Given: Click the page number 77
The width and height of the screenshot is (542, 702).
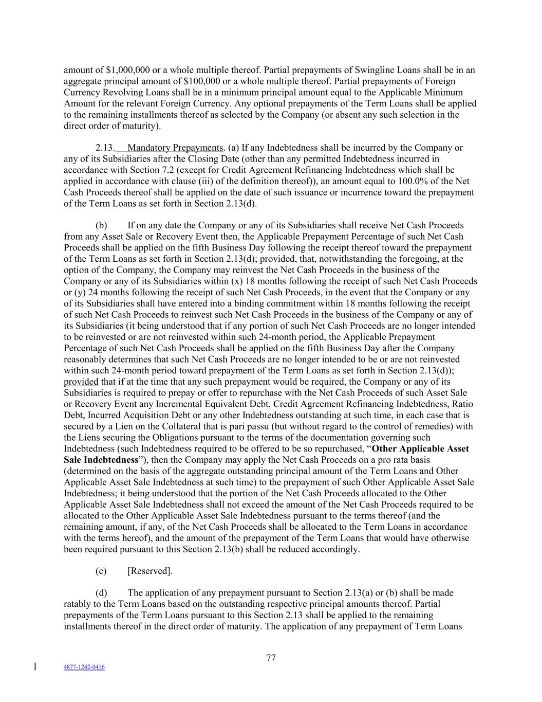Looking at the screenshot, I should tap(271, 658).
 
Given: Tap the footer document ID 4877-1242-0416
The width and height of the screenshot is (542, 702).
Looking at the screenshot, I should tap(84, 667).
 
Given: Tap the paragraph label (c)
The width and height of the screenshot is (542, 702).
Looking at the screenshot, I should tap(101, 571).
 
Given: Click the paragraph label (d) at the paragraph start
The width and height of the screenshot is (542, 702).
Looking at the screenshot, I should tap(101, 593).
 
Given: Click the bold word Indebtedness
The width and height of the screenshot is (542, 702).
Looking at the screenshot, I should tap(111, 460).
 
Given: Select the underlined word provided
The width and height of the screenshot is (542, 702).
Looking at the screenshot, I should tap(81, 382).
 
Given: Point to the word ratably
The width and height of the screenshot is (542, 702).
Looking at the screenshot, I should tap(79, 604).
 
